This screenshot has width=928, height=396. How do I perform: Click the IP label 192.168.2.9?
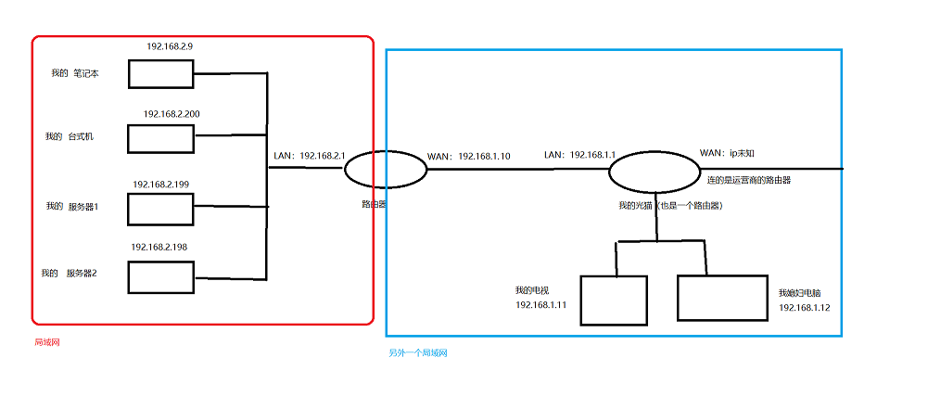click(x=170, y=45)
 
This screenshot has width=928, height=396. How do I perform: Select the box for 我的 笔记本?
click(x=159, y=74)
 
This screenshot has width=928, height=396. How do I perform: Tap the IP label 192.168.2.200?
click(x=172, y=113)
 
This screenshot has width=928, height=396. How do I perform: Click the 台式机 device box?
click(x=160, y=138)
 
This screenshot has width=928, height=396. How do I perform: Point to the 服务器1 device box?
click(x=160, y=209)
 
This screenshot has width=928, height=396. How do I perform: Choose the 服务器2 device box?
click(x=160, y=276)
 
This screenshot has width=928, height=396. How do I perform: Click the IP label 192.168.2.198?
click(x=159, y=248)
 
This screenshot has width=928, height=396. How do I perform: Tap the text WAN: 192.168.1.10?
click(x=468, y=156)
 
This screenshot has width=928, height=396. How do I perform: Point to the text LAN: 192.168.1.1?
click(x=580, y=153)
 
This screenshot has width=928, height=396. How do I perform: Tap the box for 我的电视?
click(x=614, y=300)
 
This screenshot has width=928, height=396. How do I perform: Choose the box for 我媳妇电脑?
click(x=722, y=298)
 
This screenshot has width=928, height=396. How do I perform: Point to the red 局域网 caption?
click(x=46, y=342)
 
